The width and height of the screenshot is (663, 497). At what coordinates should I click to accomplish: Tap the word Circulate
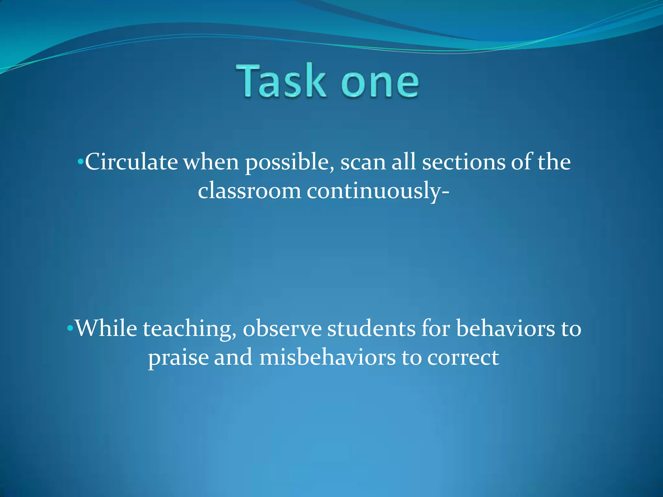(x=131, y=162)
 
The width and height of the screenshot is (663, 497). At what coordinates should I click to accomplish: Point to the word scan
(x=363, y=162)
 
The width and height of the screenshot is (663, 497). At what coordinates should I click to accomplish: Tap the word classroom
(x=249, y=191)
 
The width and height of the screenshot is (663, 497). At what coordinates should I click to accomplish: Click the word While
(x=106, y=329)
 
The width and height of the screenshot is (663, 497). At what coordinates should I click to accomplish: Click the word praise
(x=178, y=359)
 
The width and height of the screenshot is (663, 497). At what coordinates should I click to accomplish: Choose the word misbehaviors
(x=327, y=358)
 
